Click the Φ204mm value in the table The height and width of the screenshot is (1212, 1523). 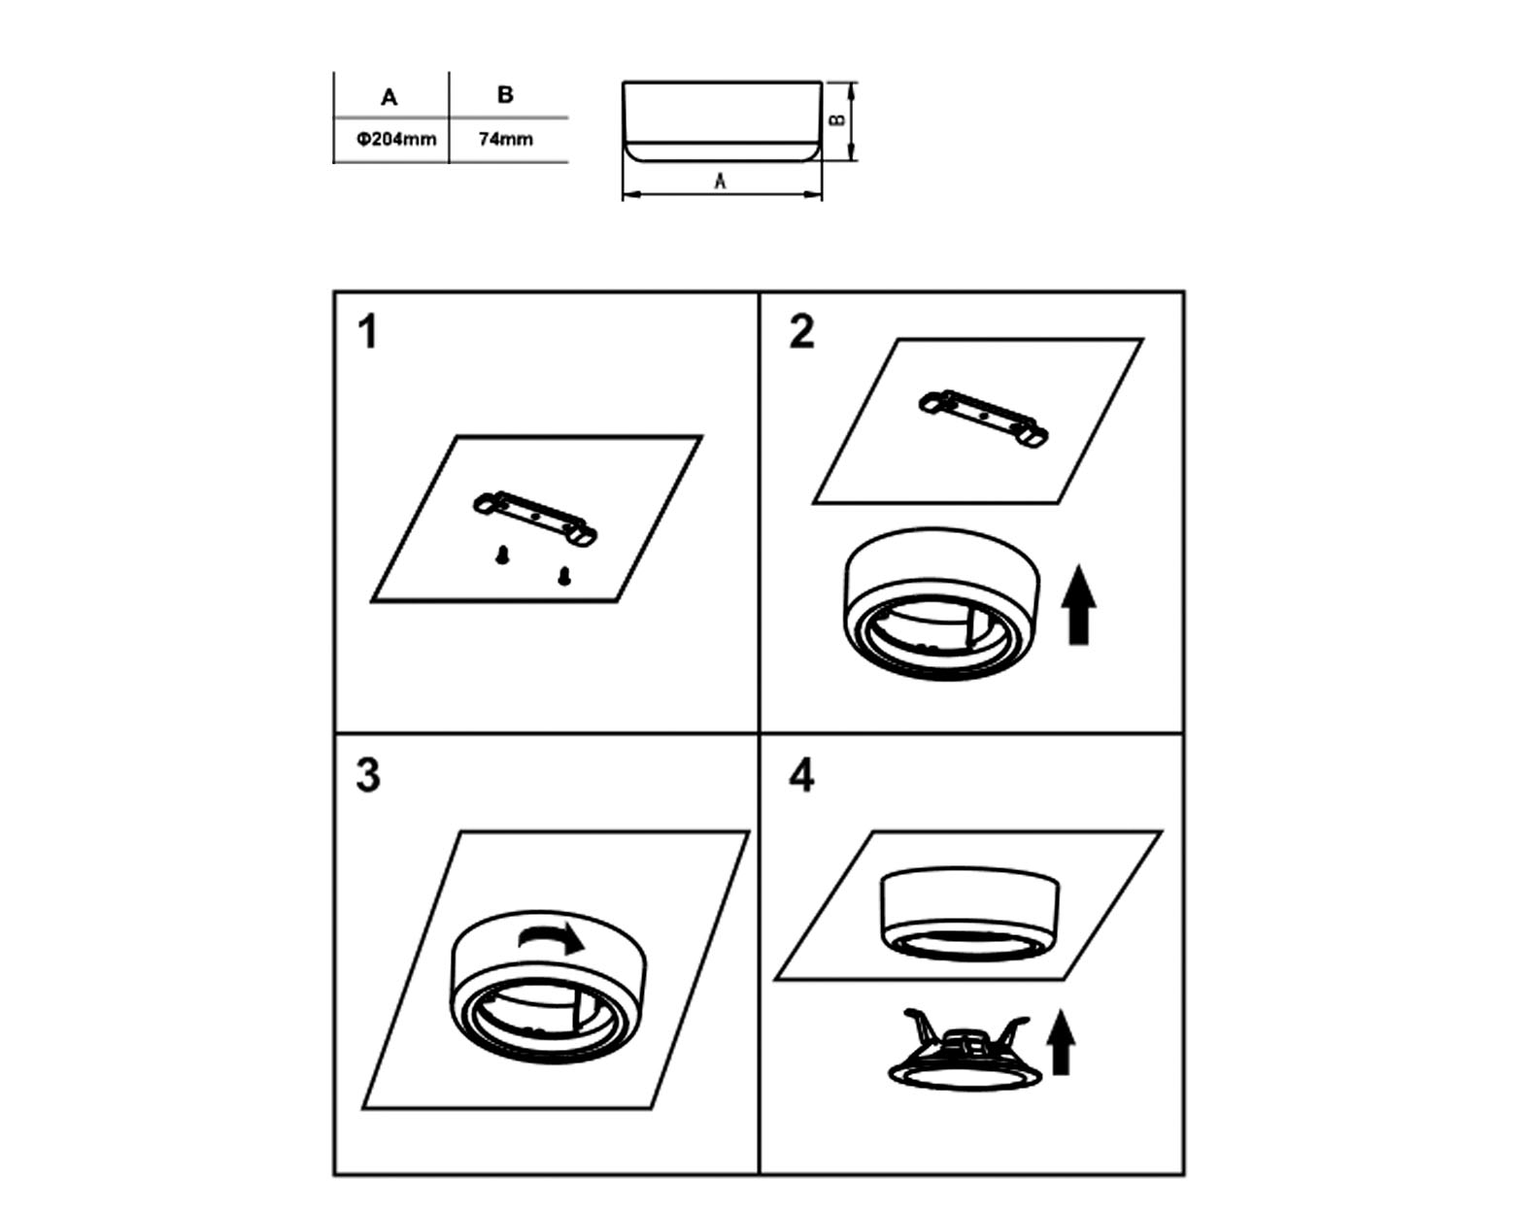coord(396,140)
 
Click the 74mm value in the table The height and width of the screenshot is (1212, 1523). coord(505,140)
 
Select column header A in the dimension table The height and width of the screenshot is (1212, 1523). coord(389,97)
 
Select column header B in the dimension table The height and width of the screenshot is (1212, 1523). coord(505,95)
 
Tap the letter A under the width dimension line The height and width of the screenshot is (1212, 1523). coord(721,182)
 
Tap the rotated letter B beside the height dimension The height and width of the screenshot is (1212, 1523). coord(837,120)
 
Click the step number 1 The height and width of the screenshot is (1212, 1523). coord(368,332)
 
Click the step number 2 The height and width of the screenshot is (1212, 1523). coord(802,332)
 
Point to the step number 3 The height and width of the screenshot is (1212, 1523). coord(368,775)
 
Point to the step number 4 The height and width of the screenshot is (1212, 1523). coord(802,776)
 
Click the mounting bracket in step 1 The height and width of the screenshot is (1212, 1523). coord(535,518)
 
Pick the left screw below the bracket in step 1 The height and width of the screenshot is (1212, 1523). coord(502,555)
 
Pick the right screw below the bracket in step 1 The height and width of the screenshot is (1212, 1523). coord(564,576)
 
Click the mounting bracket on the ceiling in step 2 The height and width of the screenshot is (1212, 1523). coord(984,418)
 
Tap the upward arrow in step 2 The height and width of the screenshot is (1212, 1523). coord(1078,605)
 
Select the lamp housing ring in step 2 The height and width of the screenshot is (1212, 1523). coord(942,603)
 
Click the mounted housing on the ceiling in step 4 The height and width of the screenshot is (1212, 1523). coord(970,914)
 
